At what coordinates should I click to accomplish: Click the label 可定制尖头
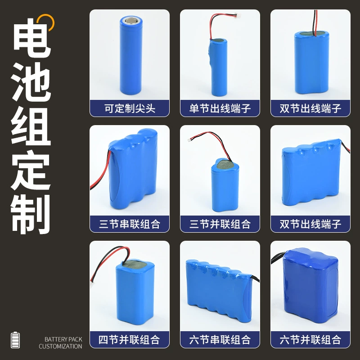pos(130,108)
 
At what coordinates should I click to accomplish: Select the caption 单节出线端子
pos(220,108)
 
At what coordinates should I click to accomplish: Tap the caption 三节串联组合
pos(130,224)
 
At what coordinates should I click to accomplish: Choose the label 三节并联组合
pos(220,224)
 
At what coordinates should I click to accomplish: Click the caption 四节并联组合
pos(129,340)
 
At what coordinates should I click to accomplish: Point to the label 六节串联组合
pos(220,340)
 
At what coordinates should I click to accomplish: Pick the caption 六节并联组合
pos(310,340)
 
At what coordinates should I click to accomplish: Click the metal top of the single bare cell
pos(131,21)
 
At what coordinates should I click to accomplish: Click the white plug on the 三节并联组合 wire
pos(190,139)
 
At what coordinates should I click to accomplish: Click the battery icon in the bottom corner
pos(15,340)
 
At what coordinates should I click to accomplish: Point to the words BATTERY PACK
pos(63,339)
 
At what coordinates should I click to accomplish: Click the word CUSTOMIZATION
pos(60,346)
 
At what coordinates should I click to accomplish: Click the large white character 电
pos(31,38)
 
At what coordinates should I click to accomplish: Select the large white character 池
pos(31,82)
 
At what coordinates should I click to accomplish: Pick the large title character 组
pos(31,126)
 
